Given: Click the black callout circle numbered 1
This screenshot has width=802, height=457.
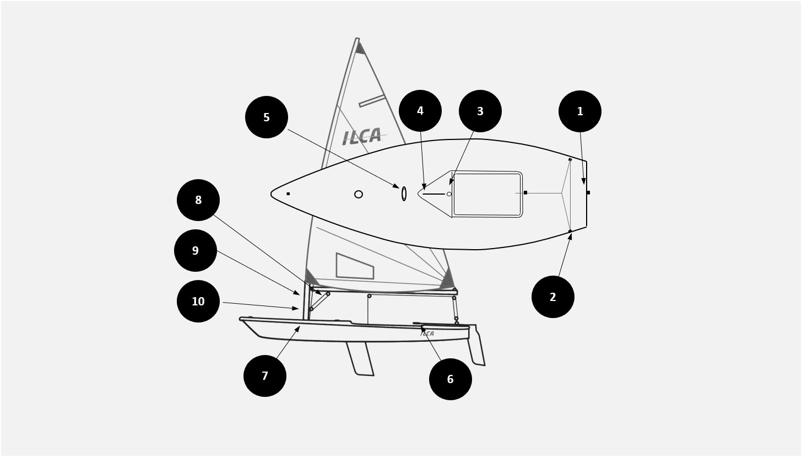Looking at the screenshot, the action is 579,111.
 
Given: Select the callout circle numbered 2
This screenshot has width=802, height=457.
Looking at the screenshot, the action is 553,297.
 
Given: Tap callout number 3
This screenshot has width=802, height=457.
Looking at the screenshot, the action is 480,111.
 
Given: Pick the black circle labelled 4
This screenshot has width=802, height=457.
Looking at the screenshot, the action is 420,111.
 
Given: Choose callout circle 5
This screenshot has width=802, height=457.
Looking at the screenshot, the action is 267,117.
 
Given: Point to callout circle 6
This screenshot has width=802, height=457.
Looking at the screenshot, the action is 451,379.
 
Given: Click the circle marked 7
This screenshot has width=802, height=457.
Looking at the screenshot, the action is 264,376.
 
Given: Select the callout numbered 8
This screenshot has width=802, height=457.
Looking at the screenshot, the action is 198,200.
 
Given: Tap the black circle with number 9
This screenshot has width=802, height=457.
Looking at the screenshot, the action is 196,250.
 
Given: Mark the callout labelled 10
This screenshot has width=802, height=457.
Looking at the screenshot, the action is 198,302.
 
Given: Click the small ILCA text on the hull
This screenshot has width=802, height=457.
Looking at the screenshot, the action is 427,334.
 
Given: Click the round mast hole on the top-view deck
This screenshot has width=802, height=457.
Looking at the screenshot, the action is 359,194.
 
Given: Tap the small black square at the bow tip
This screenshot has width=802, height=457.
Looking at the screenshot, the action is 288,194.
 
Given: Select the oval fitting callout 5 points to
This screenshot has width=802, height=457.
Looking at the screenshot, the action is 404,193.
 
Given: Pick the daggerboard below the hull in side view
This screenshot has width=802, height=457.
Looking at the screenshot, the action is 360,359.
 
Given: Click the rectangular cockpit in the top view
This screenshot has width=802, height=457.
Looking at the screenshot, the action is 487,194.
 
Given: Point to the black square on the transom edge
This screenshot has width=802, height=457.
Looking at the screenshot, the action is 588,193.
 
